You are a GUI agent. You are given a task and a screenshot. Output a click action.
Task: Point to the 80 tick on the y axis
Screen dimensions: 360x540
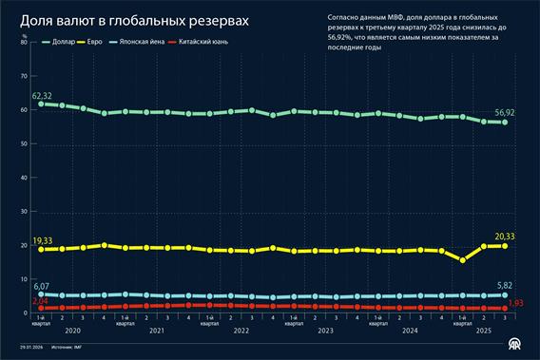[x=23, y=44]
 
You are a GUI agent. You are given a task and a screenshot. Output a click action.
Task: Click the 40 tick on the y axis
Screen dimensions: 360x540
[x=23, y=178]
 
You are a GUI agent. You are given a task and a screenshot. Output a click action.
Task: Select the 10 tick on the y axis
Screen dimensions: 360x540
[x=23, y=278]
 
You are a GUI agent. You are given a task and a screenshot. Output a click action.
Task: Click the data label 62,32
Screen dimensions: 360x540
[x=41, y=96]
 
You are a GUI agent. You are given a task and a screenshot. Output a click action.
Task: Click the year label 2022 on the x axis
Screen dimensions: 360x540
[x=241, y=331]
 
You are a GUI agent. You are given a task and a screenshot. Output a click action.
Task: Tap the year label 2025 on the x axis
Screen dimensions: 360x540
[x=483, y=331]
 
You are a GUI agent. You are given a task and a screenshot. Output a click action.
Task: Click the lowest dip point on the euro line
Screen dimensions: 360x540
[x=462, y=259]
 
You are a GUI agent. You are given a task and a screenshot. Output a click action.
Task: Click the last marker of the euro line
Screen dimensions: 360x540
[x=504, y=246]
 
